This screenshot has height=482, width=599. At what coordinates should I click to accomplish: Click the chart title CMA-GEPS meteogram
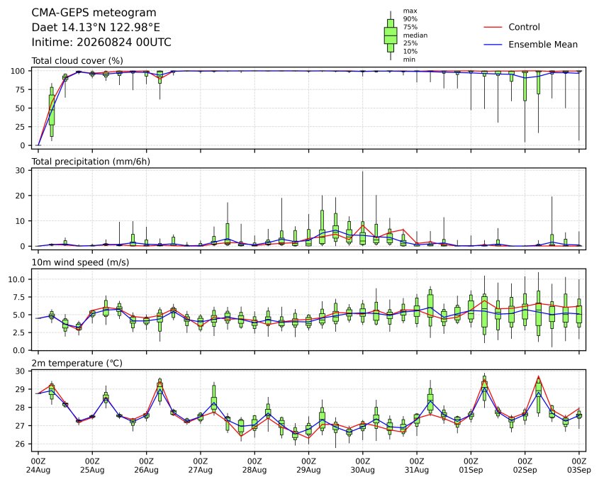click(x=94, y=13)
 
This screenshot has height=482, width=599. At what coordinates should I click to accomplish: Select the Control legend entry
click(x=524, y=27)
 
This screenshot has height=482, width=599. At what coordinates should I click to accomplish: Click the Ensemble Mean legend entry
click(x=543, y=45)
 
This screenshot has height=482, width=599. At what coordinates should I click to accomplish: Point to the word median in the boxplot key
click(x=415, y=35)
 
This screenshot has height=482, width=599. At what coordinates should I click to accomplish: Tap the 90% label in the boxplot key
click(x=410, y=18)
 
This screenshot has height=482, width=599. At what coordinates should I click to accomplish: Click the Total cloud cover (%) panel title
click(x=77, y=61)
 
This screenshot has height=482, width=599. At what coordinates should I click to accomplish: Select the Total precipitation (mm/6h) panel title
click(x=91, y=162)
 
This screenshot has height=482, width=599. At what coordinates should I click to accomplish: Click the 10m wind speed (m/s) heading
click(x=80, y=262)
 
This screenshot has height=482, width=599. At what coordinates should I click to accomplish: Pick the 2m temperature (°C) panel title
click(x=77, y=363)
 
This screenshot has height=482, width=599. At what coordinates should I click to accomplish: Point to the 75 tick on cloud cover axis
click(x=21, y=90)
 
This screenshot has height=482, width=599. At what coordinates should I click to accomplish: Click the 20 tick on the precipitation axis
click(x=21, y=196)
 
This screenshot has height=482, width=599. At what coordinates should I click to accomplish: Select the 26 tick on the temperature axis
click(x=21, y=444)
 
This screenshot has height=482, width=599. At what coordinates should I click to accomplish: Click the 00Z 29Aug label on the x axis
click(x=308, y=466)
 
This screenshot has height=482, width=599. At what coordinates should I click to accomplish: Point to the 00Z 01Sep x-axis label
click(x=471, y=466)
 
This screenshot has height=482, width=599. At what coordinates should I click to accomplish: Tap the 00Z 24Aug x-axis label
click(x=38, y=466)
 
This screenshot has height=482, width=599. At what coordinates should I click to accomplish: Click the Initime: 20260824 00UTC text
click(x=101, y=42)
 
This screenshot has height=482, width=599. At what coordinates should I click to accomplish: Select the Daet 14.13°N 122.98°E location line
click(x=96, y=28)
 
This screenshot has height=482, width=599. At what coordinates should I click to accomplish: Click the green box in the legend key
click(x=391, y=35)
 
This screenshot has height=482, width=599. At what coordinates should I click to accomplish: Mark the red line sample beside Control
click(x=493, y=28)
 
